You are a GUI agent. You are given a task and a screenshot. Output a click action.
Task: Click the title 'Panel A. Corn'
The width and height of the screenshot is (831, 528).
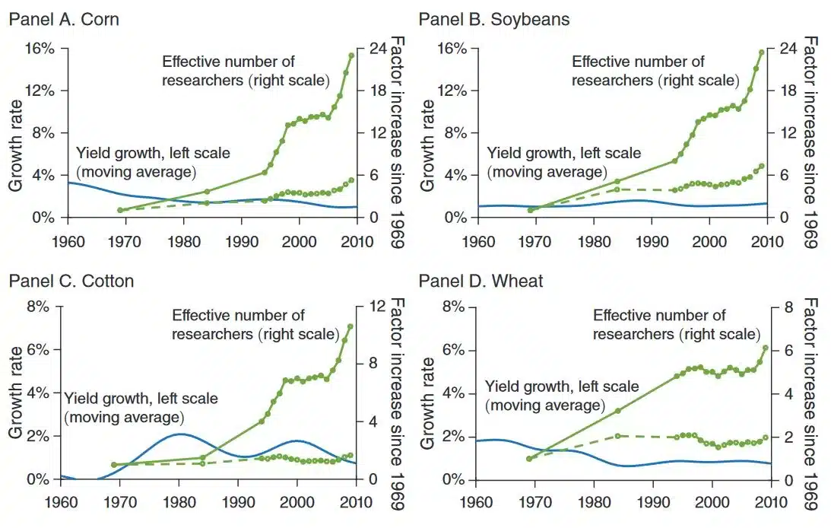click(x=64, y=19)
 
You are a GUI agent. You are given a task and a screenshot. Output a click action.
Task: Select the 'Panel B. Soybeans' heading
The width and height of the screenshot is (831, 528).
click(x=494, y=19)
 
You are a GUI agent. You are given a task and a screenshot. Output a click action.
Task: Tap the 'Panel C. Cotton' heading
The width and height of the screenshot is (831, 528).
click(x=71, y=281)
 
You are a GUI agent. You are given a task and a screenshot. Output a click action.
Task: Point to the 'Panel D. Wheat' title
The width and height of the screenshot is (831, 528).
click(x=481, y=281)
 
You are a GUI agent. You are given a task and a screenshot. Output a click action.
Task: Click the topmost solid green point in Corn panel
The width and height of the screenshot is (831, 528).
click(x=351, y=56)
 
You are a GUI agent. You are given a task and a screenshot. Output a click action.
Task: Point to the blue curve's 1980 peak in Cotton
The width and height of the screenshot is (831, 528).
click(x=179, y=434)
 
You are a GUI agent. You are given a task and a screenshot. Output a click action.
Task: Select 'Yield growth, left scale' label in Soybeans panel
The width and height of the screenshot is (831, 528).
click(x=563, y=154)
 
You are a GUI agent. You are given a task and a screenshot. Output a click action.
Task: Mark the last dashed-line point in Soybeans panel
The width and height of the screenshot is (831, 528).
click(x=761, y=166)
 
